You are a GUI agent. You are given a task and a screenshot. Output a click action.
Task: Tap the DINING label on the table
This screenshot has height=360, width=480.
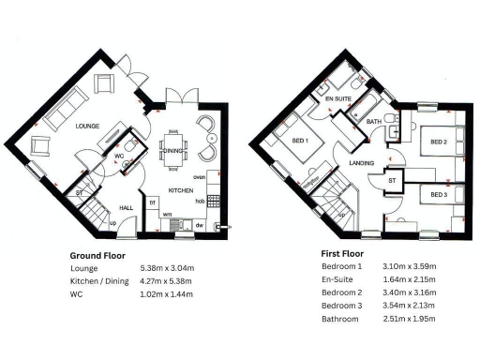172,150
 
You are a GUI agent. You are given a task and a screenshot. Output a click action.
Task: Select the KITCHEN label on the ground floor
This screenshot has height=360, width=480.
181,190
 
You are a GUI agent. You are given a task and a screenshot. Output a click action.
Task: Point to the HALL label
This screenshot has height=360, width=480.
127,209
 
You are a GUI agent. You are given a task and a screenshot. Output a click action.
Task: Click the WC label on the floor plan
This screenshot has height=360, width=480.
121,156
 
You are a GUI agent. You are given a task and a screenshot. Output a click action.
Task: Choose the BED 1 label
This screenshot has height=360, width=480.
302,141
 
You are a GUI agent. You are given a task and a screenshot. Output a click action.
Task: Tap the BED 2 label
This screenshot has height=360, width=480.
438,142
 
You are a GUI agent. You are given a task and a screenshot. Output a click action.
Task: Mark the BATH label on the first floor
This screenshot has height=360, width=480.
373,121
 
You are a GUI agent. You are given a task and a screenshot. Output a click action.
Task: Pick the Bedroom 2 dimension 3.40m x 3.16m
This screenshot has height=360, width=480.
410,292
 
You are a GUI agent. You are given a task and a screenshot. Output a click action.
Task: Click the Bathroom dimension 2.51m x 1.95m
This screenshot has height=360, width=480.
410,319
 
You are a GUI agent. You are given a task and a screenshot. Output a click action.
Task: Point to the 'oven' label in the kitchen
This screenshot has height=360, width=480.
199,176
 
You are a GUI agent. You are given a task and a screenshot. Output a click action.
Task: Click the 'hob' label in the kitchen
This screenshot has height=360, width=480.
200,201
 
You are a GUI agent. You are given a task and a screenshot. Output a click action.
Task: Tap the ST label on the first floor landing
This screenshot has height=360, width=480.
392,179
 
